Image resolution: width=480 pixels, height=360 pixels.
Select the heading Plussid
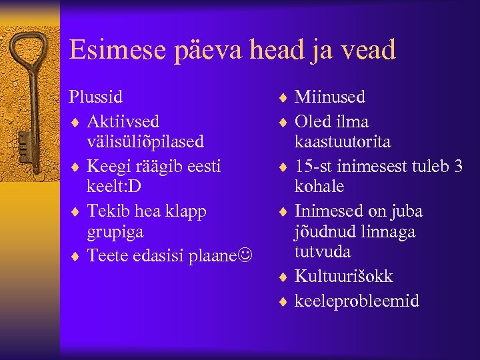[x=96, y=97]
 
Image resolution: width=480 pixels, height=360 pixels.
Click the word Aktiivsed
[x=123, y=121]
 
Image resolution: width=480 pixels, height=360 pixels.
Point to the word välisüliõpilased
[x=145, y=142]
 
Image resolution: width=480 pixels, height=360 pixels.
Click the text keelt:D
[x=113, y=186]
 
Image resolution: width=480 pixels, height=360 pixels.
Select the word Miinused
[x=330, y=97]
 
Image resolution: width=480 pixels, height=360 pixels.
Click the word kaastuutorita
[x=343, y=142]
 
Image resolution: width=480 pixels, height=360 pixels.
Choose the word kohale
[x=319, y=186]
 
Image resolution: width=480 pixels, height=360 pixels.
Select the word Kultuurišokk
[x=344, y=277]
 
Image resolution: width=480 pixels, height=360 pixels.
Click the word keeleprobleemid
[x=357, y=301]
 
